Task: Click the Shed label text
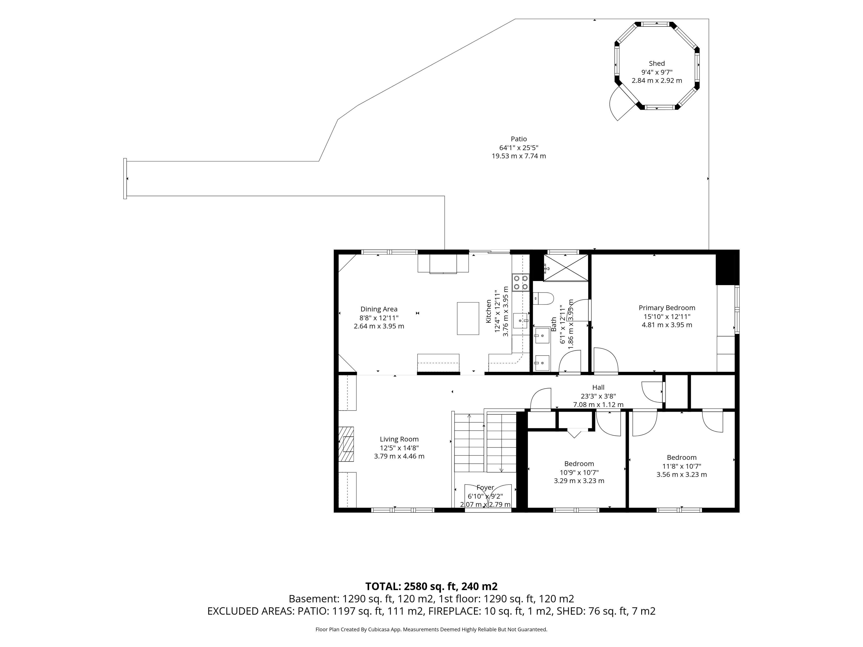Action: pos(657,63)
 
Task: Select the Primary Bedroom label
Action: pos(667,308)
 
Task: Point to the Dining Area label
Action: pos(379,309)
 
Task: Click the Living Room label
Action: pos(399,439)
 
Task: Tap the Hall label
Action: pos(598,387)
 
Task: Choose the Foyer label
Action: pos(485,487)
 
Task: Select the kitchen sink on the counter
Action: pos(520,321)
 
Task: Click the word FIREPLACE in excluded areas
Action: pos(454,611)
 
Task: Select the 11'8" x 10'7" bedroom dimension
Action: pos(682,466)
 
